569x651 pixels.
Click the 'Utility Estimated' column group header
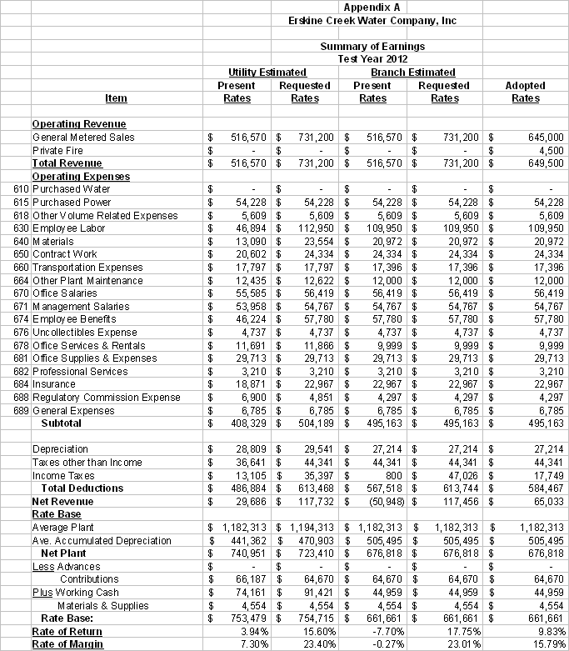coord(267,73)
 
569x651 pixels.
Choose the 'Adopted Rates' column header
coord(526,92)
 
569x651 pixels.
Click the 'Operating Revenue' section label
coord(79,124)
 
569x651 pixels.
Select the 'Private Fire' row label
coord(58,150)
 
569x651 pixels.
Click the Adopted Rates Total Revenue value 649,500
coord(545,163)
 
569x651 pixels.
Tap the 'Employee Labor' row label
coord(68,228)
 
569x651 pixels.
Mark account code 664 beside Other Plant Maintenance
coord(21,280)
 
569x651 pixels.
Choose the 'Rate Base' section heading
coord(55,514)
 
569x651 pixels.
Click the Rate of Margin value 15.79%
coord(547,643)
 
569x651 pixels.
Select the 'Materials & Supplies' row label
coord(103,605)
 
